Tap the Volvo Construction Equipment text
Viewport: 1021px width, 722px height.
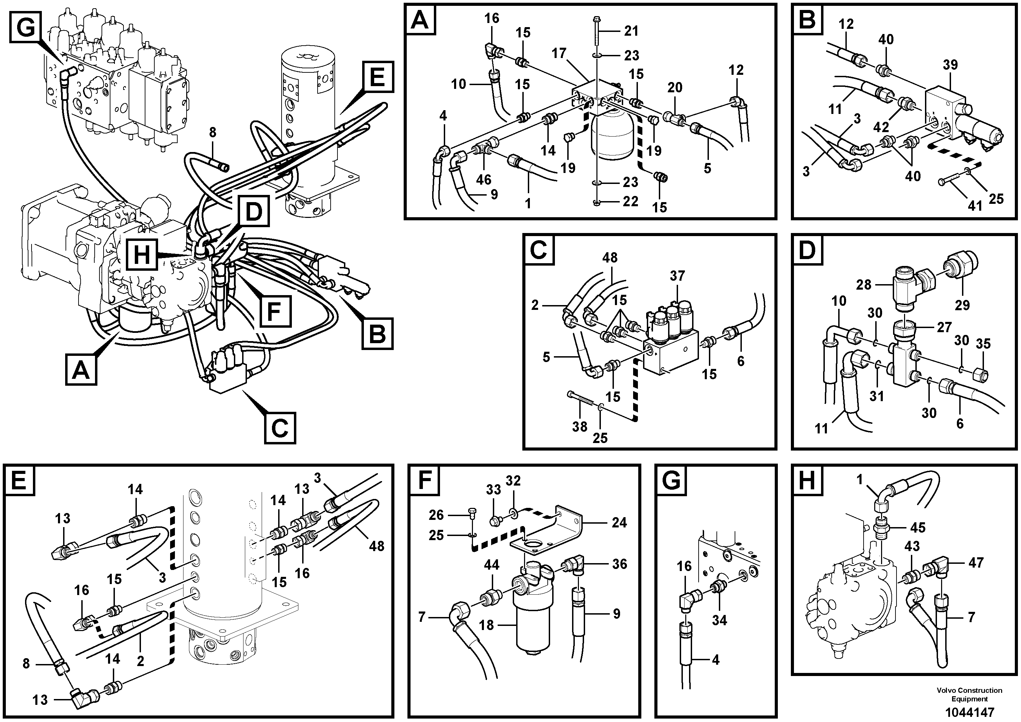tap(970, 695)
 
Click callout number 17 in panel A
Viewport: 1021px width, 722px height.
tap(559, 54)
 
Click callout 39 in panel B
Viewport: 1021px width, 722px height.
tap(950, 65)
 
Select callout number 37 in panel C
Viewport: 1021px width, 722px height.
tap(677, 276)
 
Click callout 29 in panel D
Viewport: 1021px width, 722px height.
tap(962, 305)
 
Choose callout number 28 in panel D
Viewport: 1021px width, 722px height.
tap(864, 285)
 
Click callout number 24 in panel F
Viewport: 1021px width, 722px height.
tap(619, 522)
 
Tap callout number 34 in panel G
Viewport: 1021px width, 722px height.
tap(719, 620)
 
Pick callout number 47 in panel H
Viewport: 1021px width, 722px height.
tap(976, 563)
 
